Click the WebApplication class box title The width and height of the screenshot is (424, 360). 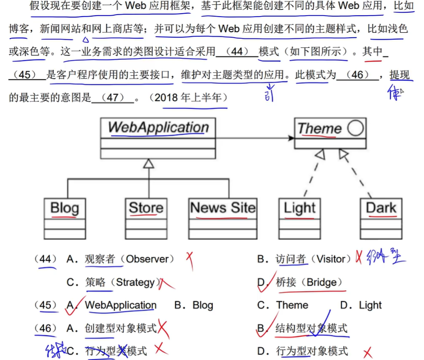coord(158,128)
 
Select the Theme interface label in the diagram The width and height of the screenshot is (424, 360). coord(319,129)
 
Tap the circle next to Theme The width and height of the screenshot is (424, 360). coord(355,128)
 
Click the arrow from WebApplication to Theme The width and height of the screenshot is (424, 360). coord(255,138)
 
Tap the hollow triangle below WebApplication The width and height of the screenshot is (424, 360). coord(148,164)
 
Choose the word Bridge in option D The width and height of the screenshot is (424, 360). coord(321,282)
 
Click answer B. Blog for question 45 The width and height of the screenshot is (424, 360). coord(193,305)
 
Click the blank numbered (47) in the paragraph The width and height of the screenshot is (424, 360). coord(113,97)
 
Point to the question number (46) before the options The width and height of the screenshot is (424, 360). coord(46,328)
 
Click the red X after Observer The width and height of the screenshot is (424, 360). coord(189,260)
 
